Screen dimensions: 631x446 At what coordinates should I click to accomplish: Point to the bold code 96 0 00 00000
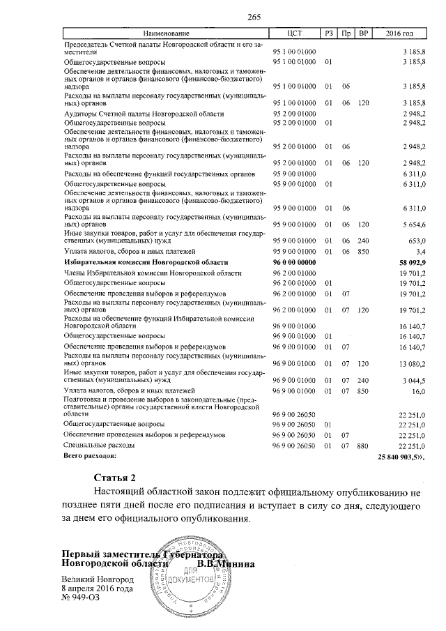[x=295, y=261]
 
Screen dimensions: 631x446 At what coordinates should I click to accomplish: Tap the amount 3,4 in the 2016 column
[x=420, y=250]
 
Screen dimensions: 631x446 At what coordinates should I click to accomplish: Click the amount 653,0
[x=416, y=239]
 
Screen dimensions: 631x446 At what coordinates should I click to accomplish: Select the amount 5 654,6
[x=413, y=225]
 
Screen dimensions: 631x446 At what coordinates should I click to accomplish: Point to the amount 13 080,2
[x=411, y=363]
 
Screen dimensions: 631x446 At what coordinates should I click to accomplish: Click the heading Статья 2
[x=114, y=478]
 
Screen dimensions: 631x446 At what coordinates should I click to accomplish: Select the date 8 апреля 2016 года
[x=97, y=588]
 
